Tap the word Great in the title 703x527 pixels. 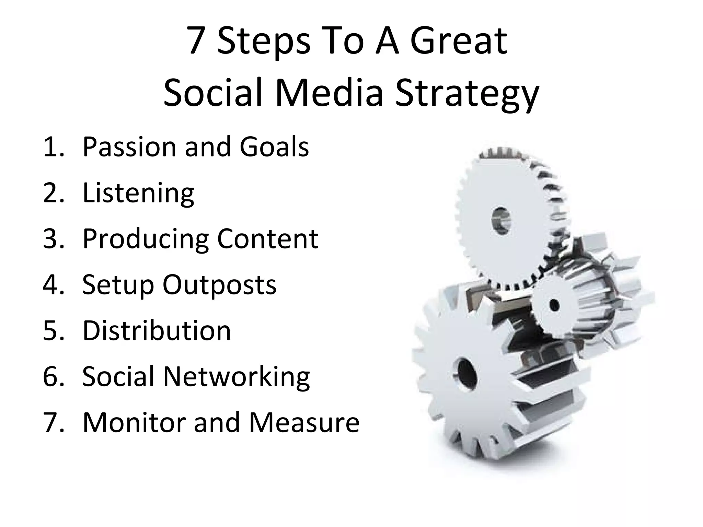459,42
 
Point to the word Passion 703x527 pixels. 129,147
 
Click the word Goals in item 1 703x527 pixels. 274,147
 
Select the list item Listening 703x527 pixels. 138,193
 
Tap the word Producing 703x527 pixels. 146,239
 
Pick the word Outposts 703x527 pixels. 219,285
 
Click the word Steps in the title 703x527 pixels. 264,42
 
